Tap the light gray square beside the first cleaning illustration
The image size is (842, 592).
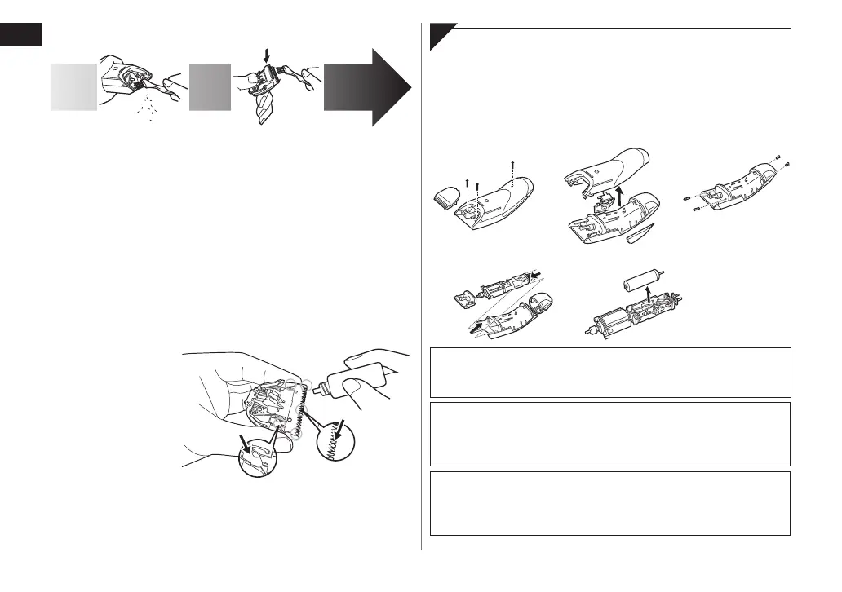click(73, 88)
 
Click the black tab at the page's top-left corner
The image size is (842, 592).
click(20, 36)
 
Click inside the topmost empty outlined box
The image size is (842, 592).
click(609, 372)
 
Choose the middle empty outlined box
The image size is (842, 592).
click(609, 434)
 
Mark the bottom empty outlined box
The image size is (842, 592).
click(609, 502)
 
